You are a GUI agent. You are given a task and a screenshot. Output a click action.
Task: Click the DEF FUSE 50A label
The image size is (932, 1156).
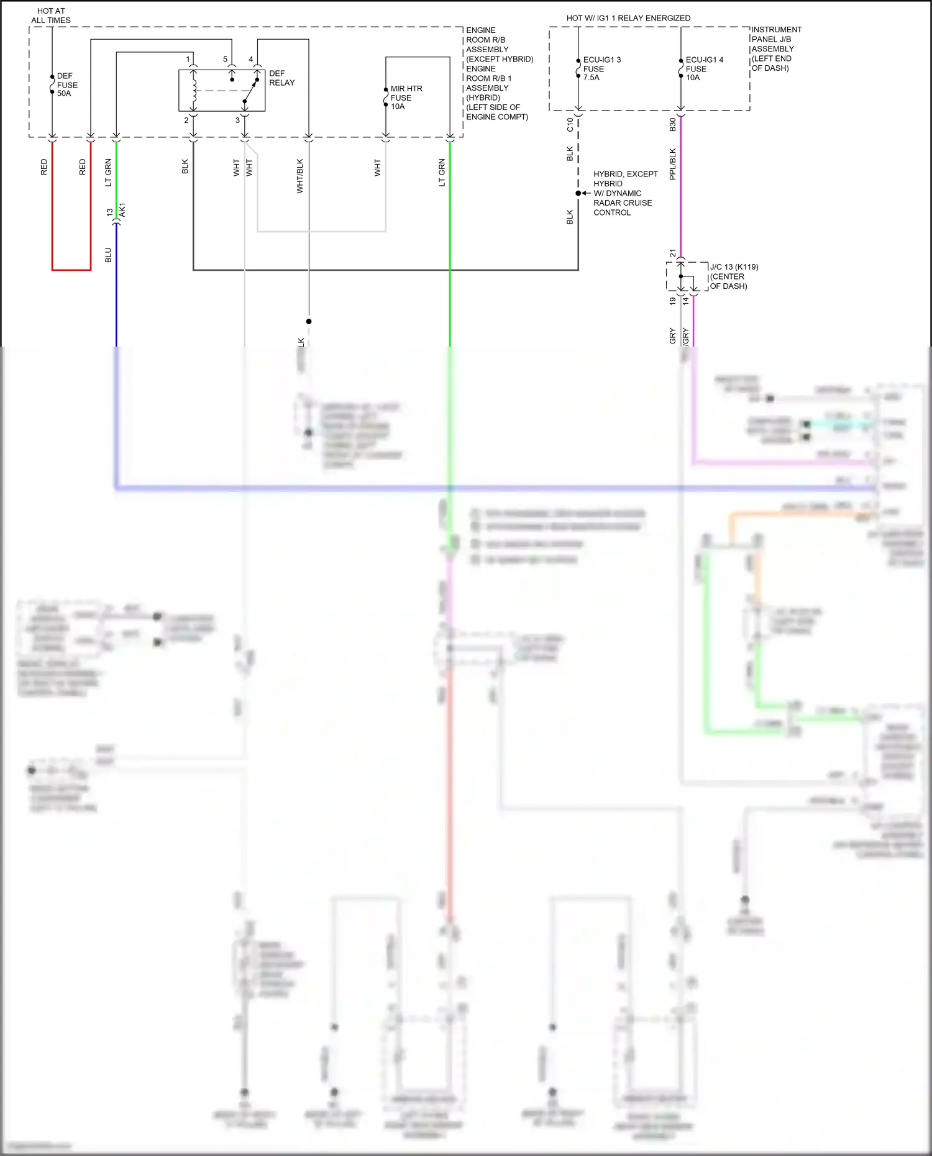point(66,85)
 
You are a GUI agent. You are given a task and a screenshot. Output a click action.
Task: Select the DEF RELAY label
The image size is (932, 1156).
point(281,78)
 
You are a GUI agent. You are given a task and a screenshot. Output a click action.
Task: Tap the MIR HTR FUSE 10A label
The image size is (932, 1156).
point(406,98)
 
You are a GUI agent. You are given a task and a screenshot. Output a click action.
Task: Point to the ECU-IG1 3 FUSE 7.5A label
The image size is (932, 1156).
point(601,68)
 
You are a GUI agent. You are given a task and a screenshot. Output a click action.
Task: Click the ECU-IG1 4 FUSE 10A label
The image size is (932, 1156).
point(703,68)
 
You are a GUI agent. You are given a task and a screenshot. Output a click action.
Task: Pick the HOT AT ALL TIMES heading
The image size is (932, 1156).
point(51,16)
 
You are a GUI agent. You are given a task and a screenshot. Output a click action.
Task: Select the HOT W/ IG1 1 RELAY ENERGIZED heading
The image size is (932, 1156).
point(628,18)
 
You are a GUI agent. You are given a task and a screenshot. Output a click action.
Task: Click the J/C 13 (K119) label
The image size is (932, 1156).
point(734,267)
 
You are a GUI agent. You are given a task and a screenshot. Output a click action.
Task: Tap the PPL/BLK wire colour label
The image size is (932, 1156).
point(672,164)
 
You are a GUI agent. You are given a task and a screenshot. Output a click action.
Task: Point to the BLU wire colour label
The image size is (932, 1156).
point(108,255)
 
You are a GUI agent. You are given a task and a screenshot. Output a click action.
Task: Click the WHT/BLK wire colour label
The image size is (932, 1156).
point(300,176)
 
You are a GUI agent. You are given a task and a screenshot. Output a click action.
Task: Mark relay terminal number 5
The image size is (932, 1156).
point(226,60)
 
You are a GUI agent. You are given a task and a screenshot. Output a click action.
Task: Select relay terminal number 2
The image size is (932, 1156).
point(186,121)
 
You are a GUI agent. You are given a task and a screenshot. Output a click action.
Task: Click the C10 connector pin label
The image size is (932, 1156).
point(570,125)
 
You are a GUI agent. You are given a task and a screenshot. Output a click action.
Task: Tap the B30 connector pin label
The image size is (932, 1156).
point(672,125)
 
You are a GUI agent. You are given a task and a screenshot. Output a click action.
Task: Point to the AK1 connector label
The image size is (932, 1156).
point(122,209)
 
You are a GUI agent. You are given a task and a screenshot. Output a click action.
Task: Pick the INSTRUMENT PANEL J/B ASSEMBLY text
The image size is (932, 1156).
point(775,48)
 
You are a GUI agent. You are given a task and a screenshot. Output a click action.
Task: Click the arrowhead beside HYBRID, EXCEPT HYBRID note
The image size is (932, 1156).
point(585,193)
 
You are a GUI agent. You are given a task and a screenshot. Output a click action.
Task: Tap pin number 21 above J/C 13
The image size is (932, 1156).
point(672,253)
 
